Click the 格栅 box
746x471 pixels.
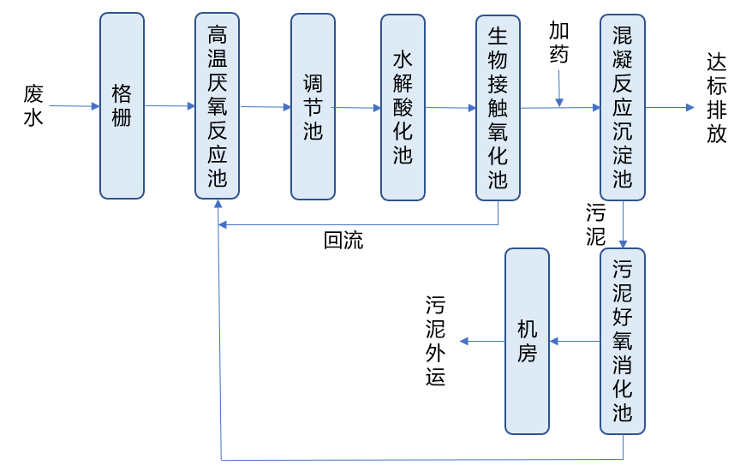click(x=122, y=106)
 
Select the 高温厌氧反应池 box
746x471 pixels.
click(x=217, y=106)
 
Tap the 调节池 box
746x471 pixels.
click(x=313, y=106)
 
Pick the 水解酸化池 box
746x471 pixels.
click(x=403, y=106)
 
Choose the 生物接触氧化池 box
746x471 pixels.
click(x=498, y=106)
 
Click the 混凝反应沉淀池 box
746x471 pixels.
click(x=623, y=106)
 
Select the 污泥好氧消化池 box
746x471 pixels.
click(x=623, y=341)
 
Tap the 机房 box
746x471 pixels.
click(x=527, y=341)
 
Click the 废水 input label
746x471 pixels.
click(x=33, y=105)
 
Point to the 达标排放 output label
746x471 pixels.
click(x=717, y=98)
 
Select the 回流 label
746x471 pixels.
click(x=343, y=241)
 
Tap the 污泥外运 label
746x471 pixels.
click(x=436, y=341)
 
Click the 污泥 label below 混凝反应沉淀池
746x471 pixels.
click(x=595, y=224)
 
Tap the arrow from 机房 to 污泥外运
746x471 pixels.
click(x=482, y=341)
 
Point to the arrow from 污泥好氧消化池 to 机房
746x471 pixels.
click(x=575, y=341)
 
